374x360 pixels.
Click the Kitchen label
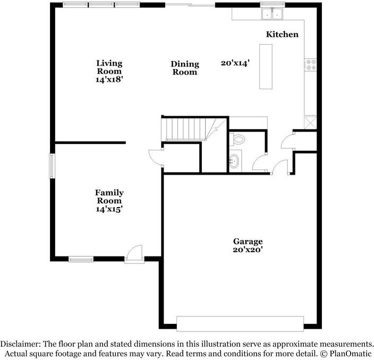click(282, 35)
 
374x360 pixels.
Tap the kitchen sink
click(272, 14)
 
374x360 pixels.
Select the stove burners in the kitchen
click(311, 65)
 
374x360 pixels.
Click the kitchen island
click(266, 66)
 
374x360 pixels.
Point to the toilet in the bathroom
click(237, 139)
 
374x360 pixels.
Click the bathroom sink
click(234, 161)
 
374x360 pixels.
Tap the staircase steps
click(186, 129)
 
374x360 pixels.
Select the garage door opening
click(240, 323)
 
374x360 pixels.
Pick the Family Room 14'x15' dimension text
click(109, 209)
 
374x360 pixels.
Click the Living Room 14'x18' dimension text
click(109, 80)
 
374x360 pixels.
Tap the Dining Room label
click(185, 68)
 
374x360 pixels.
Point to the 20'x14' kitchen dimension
click(235, 63)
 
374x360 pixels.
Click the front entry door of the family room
click(134, 254)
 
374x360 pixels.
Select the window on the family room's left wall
click(52, 166)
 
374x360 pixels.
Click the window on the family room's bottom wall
click(81, 259)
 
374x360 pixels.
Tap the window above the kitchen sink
click(273, 4)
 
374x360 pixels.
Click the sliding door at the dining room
click(190, 5)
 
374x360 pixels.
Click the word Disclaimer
click(21, 344)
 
